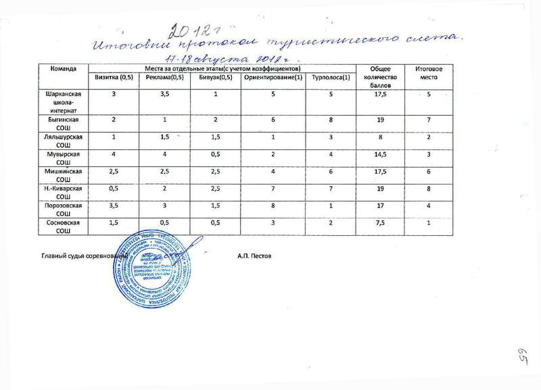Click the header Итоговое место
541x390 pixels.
pyautogui.click(x=427, y=73)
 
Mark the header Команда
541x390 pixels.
pyautogui.click(x=59, y=70)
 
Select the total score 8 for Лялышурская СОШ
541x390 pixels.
pyautogui.click(x=382, y=137)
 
